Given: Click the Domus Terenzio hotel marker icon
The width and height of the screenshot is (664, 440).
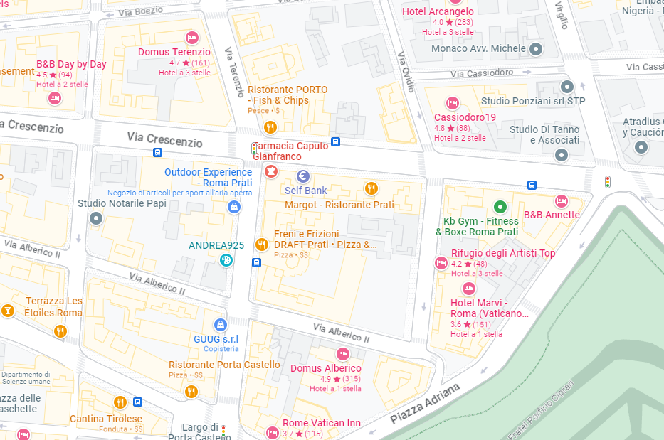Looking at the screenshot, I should click(x=191, y=37).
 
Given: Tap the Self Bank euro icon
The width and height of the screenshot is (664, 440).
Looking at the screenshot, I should click(x=302, y=176).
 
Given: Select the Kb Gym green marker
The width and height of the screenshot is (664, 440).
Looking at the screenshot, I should click(x=500, y=208).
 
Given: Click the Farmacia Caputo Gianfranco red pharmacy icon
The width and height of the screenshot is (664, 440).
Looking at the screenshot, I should click(x=270, y=171).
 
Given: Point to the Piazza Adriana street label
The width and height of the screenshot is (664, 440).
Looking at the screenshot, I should click(x=426, y=403).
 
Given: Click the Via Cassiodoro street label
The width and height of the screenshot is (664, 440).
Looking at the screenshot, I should click(x=482, y=73).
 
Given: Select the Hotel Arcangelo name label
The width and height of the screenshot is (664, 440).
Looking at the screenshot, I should click(x=438, y=11).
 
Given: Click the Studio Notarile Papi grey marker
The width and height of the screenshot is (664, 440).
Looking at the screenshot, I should click(x=96, y=218).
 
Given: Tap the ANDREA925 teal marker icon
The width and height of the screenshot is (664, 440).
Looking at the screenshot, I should click(x=226, y=260).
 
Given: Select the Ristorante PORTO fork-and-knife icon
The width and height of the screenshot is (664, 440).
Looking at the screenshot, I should click(x=270, y=127).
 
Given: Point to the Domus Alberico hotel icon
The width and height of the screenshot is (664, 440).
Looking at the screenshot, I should click(x=343, y=354).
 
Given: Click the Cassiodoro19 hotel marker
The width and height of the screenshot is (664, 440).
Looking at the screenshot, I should click(x=451, y=102).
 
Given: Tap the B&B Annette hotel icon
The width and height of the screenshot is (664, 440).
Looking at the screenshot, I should click(x=562, y=201).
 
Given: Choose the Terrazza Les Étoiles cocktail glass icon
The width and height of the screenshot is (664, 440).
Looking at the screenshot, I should click(x=8, y=311).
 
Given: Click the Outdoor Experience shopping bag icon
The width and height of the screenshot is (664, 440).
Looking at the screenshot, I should click(x=233, y=207).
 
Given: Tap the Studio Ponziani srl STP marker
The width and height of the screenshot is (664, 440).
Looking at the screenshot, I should click(x=567, y=87).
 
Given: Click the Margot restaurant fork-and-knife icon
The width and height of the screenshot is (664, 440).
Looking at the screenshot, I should click(x=370, y=188).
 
